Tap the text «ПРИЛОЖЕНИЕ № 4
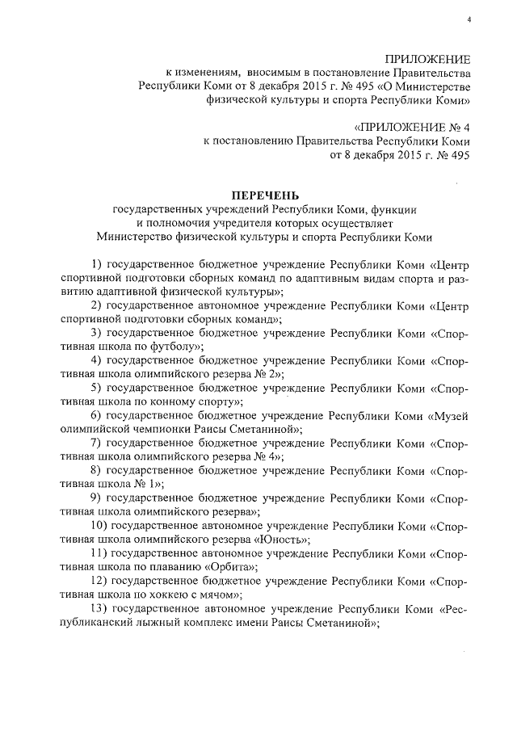411,127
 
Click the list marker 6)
96,415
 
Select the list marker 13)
99,609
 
